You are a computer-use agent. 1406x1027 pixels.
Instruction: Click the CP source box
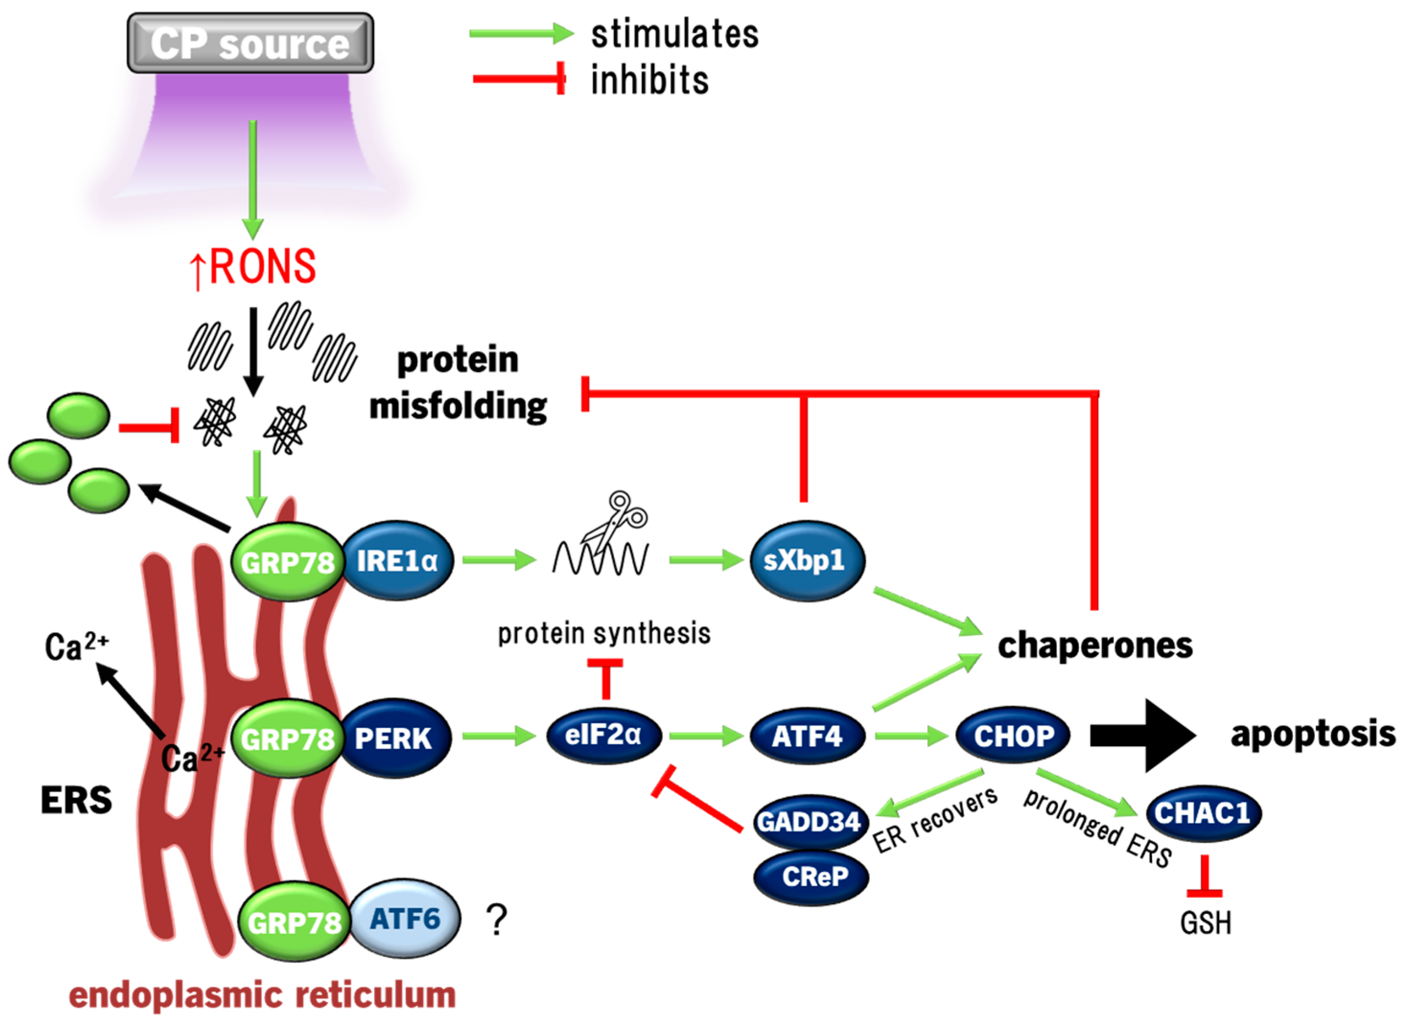(x=250, y=43)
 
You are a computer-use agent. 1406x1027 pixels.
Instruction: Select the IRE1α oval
(x=397, y=561)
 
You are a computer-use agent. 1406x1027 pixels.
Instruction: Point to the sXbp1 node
(x=806, y=561)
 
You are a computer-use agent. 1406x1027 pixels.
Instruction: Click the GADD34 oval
(x=810, y=822)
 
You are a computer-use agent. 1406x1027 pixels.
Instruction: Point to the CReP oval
(x=811, y=877)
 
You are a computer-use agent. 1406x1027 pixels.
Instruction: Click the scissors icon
(x=616, y=521)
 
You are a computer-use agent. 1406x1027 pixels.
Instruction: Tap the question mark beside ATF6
(x=497, y=920)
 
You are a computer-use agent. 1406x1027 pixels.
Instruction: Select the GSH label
(x=1205, y=923)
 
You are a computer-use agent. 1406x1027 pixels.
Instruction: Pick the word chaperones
(x=1094, y=646)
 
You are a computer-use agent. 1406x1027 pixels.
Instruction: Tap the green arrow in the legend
(x=521, y=34)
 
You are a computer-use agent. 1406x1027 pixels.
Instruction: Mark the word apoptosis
(x=1313, y=734)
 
